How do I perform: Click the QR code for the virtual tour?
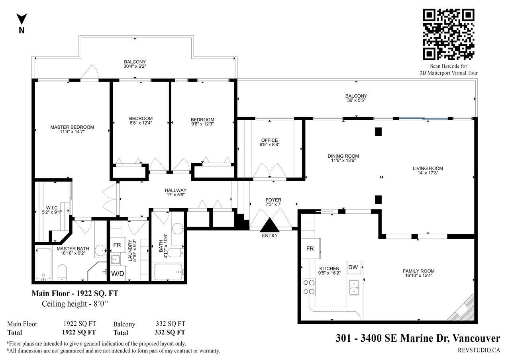(x=449, y=34)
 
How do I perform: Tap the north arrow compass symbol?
(x=22, y=19)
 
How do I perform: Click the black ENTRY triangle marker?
(x=270, y=225)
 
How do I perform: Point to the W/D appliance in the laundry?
(x=118, y=274)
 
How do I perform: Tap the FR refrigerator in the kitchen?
(x=310, y=248)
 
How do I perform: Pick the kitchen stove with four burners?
(x=308, y=287)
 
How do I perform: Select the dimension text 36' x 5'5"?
(x=356, y=100)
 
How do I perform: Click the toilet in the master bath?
(x=62, y=272)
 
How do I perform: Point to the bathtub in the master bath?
(x=43, y=264)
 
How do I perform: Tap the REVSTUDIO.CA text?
(x=479, y=350)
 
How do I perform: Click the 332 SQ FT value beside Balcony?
(x=171, y=324)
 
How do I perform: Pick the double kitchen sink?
(x=354, y=288)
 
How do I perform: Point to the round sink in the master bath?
(x=100, y=250)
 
